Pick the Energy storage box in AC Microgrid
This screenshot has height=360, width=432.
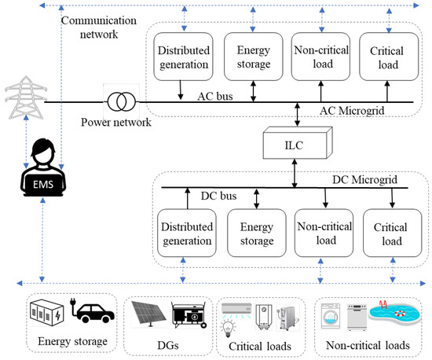coord(251,53)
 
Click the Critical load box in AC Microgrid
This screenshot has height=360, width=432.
coord(386,53)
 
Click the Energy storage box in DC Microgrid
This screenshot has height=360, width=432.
coord(253,233)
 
